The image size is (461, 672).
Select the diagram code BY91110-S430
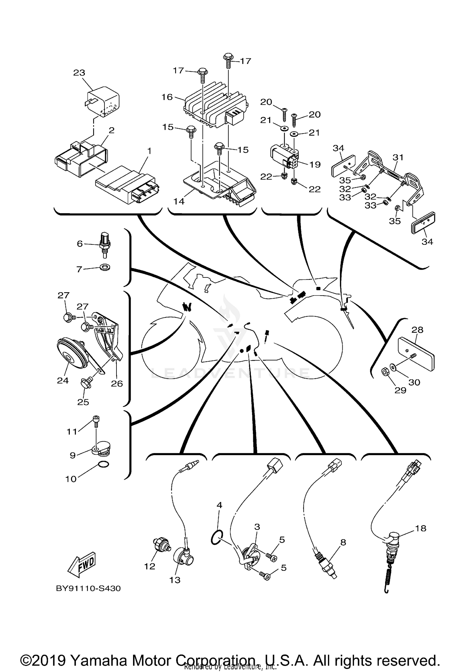pos(88,588)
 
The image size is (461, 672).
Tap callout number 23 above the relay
pos(79,73)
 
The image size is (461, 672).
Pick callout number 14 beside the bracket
pos(179,201)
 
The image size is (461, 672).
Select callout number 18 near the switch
pos(421,528)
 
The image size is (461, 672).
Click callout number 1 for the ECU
pos(149,151)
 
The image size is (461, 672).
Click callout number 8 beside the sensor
pos(343,542)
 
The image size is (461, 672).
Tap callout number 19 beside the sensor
pos(315,165)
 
